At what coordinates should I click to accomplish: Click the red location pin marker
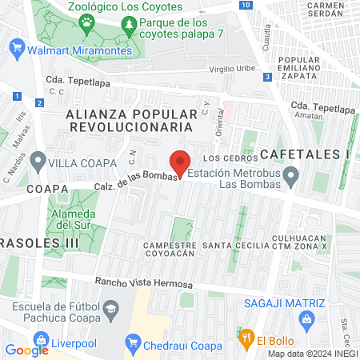click(181, 162)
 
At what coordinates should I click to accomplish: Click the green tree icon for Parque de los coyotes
click(130, 28)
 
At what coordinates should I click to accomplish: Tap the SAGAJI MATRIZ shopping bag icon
click(305, 321)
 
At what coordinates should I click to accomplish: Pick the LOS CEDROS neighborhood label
click(233, 158)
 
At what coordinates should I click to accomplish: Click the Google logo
click(27, 350)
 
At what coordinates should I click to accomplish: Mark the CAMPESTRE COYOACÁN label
click(169, 249)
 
